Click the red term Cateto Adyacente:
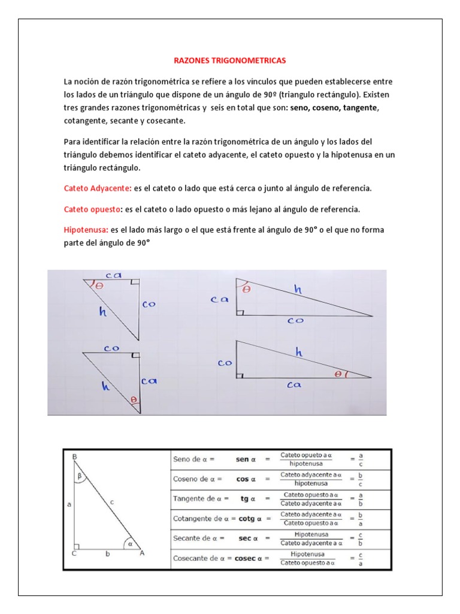(x=98, y=188)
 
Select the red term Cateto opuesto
(x=92, y=209)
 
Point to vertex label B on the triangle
(x=74, y=458)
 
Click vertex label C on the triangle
(x=74, y=554)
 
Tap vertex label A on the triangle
(x=142, y=554)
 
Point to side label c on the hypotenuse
(x=111, y=502)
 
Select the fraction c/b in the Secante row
(x=361, y=538)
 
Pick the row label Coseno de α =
(x=198, y=479)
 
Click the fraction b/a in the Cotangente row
(x=361, y=519)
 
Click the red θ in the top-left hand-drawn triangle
(x=99, y=286)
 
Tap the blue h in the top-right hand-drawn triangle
(x=298, y=290)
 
